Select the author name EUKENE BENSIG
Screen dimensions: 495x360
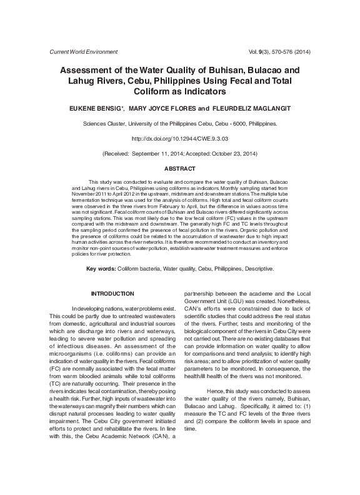click(99, 108)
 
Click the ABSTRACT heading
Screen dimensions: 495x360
click(179, 169)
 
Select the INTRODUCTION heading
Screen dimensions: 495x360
click(112, 294)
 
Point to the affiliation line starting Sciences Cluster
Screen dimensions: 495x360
click(179, 124)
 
